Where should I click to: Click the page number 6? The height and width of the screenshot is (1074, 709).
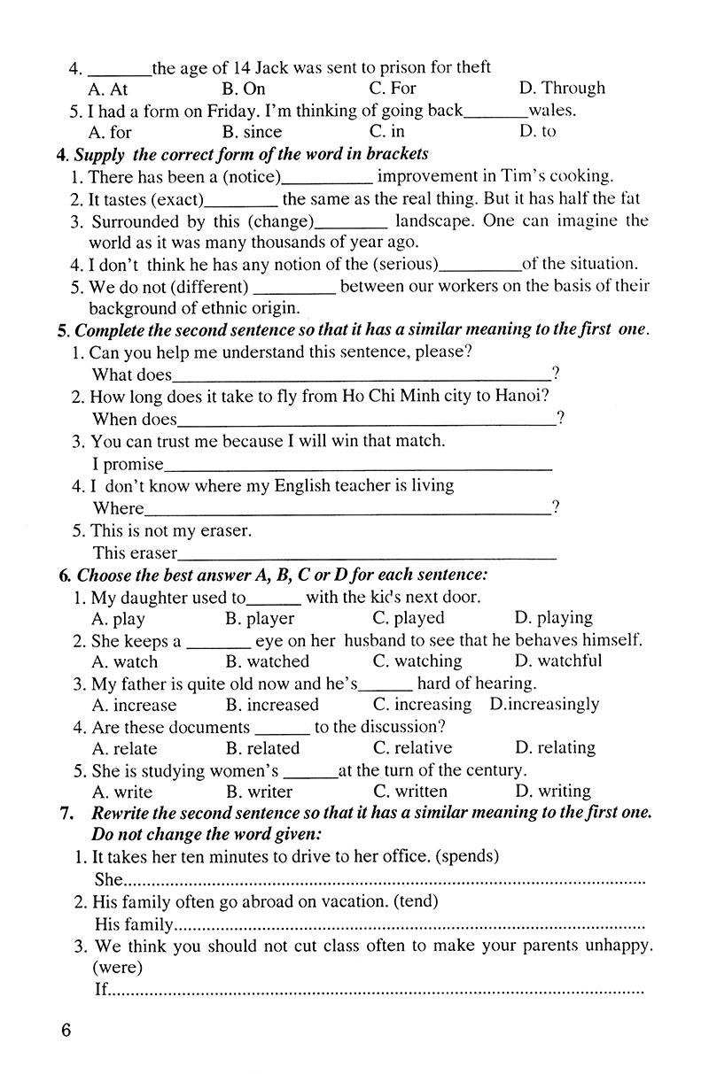pyautogui.click(x=66, y=1032)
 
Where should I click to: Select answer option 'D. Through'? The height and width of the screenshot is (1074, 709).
pyautogui.click(x=561, y=88)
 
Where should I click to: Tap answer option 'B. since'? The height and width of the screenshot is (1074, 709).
pyautogui.click(x=252, y=132)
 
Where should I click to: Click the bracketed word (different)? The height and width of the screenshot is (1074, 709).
pyautogui.click(x=208, y=286)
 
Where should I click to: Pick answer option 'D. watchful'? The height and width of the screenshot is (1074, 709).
pyautogui.click(x=557, y=661)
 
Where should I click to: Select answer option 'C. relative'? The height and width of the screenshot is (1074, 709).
pyautogui.click(x=412, y=747)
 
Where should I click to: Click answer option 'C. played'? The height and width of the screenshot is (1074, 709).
pyautogui.click(x=408, y=618)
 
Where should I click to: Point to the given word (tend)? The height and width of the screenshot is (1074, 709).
pyautogui.click(x=420, y=900)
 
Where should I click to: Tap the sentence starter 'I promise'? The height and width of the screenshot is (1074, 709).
pyautogui.click(x=129, y=463)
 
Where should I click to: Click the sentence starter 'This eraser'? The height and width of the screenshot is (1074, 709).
pyautogui.click(x=135, y=552)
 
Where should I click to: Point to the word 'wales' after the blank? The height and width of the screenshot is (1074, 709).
pyautogui.click(x=551, y=111)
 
